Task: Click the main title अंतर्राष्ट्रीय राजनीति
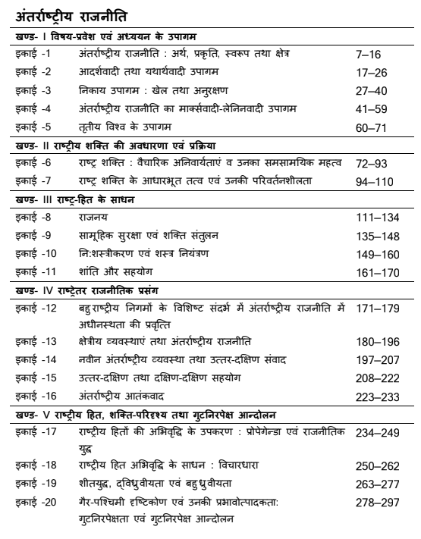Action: point(74,14)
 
